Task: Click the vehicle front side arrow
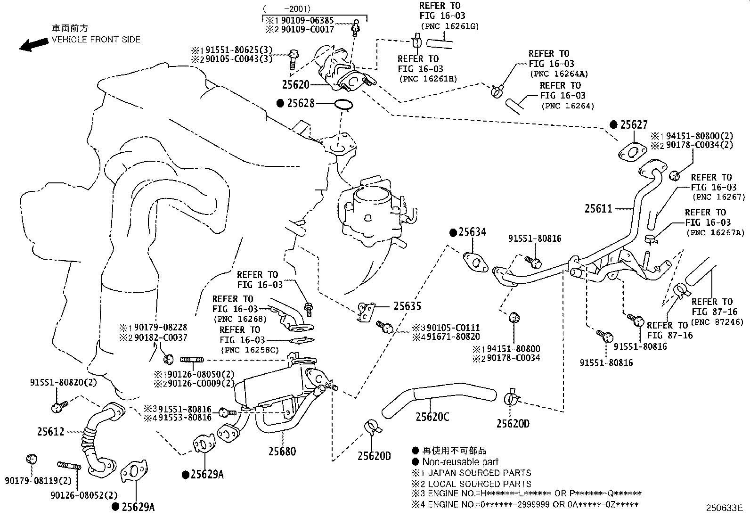(34, 45)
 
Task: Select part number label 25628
(301, 103)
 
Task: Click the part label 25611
(598, 209)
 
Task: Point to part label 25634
(472, 232)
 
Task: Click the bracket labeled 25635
(366, 312)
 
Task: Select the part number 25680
(282, 452)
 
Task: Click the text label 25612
(50, 432)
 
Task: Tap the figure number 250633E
(725, 508)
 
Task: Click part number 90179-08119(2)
(38, 481)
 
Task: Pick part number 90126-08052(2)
(84, 495)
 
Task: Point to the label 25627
(634, 124)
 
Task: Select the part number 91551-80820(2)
(63, 382)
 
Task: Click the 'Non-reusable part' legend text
(460, 462)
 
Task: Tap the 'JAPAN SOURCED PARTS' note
(480, 473)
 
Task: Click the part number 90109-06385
(307, 20)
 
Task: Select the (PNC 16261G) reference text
(449, 26)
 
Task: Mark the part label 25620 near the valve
(295, 85)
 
